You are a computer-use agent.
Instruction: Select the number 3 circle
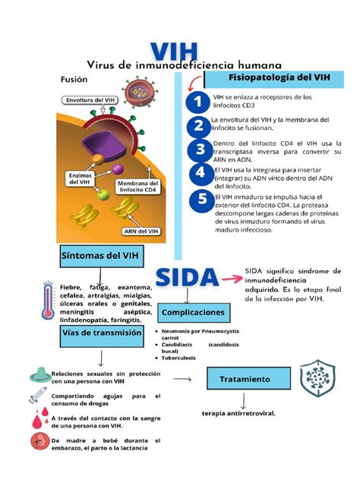pos(200,149)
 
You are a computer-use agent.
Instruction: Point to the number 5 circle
pos(201,199)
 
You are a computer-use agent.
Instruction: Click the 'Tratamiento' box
pos(245,377)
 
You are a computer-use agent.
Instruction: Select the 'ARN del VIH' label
pos(142,232)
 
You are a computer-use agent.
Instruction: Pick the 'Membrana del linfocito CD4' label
pos(137,188)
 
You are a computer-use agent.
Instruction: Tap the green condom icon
pos(38,374)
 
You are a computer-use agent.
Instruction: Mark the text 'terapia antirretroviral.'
pos(238,414)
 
